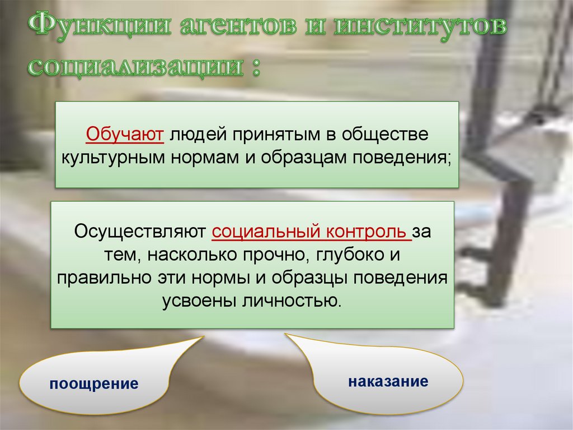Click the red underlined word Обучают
tap(124, 135)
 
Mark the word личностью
tap(292, 300)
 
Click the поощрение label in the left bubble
tap(93, 384)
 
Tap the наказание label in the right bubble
tap(388, 382)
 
